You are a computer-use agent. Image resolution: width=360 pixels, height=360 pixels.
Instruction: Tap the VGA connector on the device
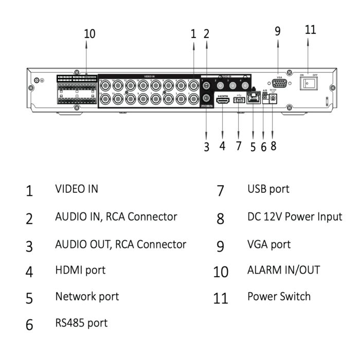[280, 85]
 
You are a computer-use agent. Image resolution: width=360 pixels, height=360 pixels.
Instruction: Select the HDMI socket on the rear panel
[223, 102]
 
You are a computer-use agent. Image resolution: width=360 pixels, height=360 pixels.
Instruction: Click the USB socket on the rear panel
[239, 101]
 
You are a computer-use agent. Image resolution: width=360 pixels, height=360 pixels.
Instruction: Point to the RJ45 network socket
[253, 99]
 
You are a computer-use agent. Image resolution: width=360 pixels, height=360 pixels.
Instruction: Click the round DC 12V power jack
[273, 99]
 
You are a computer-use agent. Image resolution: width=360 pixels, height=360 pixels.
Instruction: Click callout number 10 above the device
[89, 34]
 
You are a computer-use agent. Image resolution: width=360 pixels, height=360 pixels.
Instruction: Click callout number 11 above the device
[310, 29]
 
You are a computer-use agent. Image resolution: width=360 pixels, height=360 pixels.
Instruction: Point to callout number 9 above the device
[278, 31]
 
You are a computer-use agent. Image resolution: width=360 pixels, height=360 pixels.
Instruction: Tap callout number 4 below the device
[222, 146]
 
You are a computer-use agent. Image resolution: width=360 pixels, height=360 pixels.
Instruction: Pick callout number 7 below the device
[239, 146]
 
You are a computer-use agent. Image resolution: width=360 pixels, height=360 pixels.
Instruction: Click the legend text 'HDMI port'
[80, 269]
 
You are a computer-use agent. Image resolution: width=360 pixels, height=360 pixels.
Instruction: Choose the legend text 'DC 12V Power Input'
[295, 217]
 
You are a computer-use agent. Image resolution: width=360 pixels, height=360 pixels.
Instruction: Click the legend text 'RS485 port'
[81, 323]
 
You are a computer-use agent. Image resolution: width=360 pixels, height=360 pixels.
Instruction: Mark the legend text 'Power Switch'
[279, 297]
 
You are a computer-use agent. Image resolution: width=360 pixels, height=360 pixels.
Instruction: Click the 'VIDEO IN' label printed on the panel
[149, 76]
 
